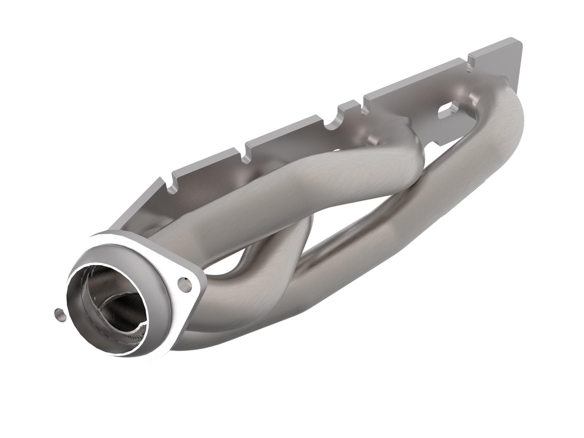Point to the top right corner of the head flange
tap(518, 40)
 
